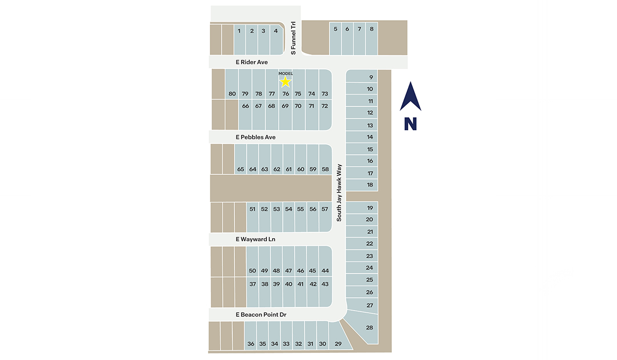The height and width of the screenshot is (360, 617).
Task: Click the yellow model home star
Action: (x=286, y=82)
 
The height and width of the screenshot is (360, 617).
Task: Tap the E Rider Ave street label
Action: (x=251, y=62)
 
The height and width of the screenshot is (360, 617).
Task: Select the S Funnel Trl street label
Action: (x=294, y=38)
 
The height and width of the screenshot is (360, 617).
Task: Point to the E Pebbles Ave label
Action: (x=256, y=137)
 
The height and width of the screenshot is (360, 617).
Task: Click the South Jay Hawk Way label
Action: (x=339, y=193)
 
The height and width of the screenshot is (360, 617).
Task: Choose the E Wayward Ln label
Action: (x=256, y=239)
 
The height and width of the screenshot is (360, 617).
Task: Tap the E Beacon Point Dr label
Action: (x=261, y=314)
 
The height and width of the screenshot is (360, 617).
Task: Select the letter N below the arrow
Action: (x=410, y=124)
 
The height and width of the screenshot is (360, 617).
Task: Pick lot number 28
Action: (x=369, y=328)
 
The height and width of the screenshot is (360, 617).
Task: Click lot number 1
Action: (x=239, y=31)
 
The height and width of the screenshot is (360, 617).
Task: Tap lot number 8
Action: (x=372, y=29)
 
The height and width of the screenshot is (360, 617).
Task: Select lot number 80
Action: (x=232, y=94)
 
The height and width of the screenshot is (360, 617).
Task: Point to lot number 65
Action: (x=241, y=169)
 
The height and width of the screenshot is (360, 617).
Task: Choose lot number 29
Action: (x=338, y=344)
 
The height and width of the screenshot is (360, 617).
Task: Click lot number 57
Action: (x=324, y=209)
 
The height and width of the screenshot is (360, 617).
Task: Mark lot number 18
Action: (x=370, y=185)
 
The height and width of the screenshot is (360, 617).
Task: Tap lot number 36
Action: (x=251, y=344)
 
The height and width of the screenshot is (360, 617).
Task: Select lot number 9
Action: (x=370, y=77)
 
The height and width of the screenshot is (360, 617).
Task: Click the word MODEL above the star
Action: (x=285, y=74)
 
